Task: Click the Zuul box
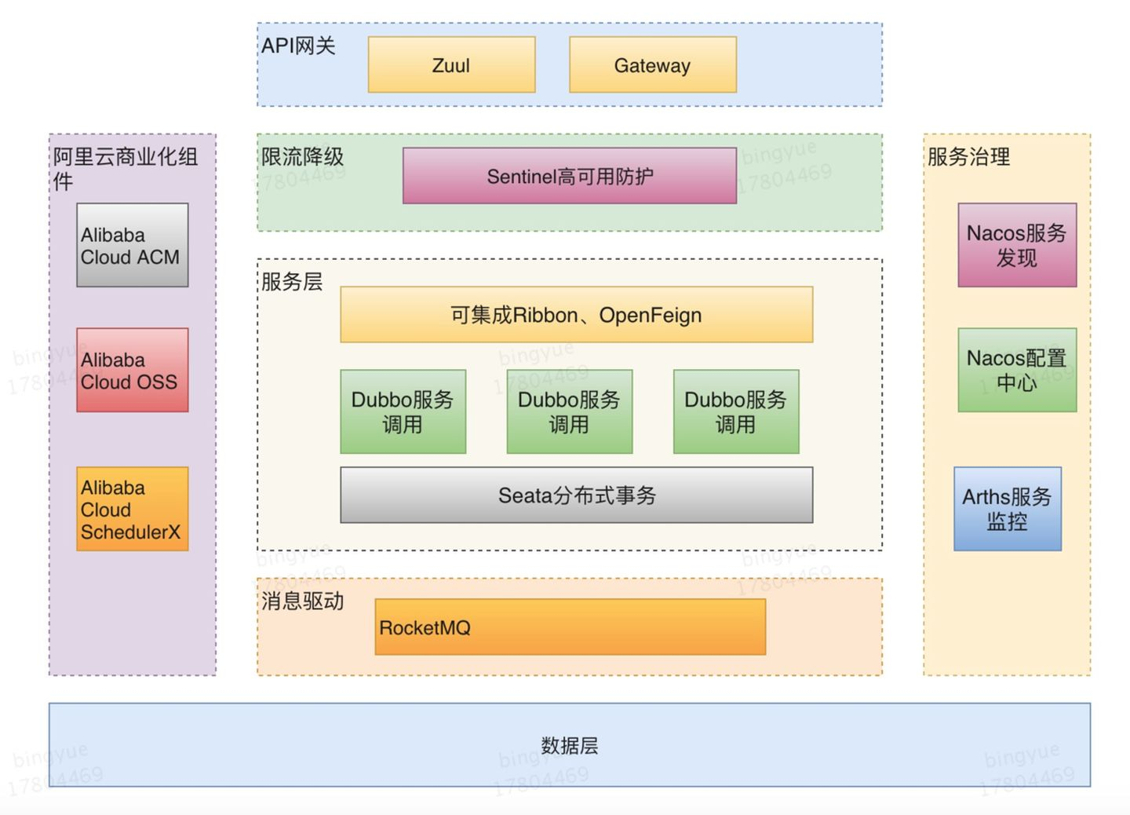(451, 65)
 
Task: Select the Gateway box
(652, 65)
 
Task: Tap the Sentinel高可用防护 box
(570, 176)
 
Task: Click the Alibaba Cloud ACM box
(132, 245)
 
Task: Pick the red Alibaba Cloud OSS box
(132, 370)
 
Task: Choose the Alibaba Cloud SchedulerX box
(132, 509)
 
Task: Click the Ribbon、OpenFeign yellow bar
(576, 315)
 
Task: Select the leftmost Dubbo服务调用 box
(403, 411)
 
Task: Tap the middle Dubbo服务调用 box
(569, 411)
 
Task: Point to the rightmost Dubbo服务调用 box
(735, 411)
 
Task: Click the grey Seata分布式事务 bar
(576, 495)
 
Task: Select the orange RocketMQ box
(570, 627)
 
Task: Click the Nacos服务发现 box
(1016, 245)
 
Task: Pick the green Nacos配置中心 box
(1016, 370)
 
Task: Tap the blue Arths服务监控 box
(1007, 509)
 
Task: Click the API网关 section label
(298, 46)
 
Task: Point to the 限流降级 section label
(303, 157)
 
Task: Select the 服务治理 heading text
(968, 157)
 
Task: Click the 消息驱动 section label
(303, 601)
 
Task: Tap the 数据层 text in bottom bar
(569, 745)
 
